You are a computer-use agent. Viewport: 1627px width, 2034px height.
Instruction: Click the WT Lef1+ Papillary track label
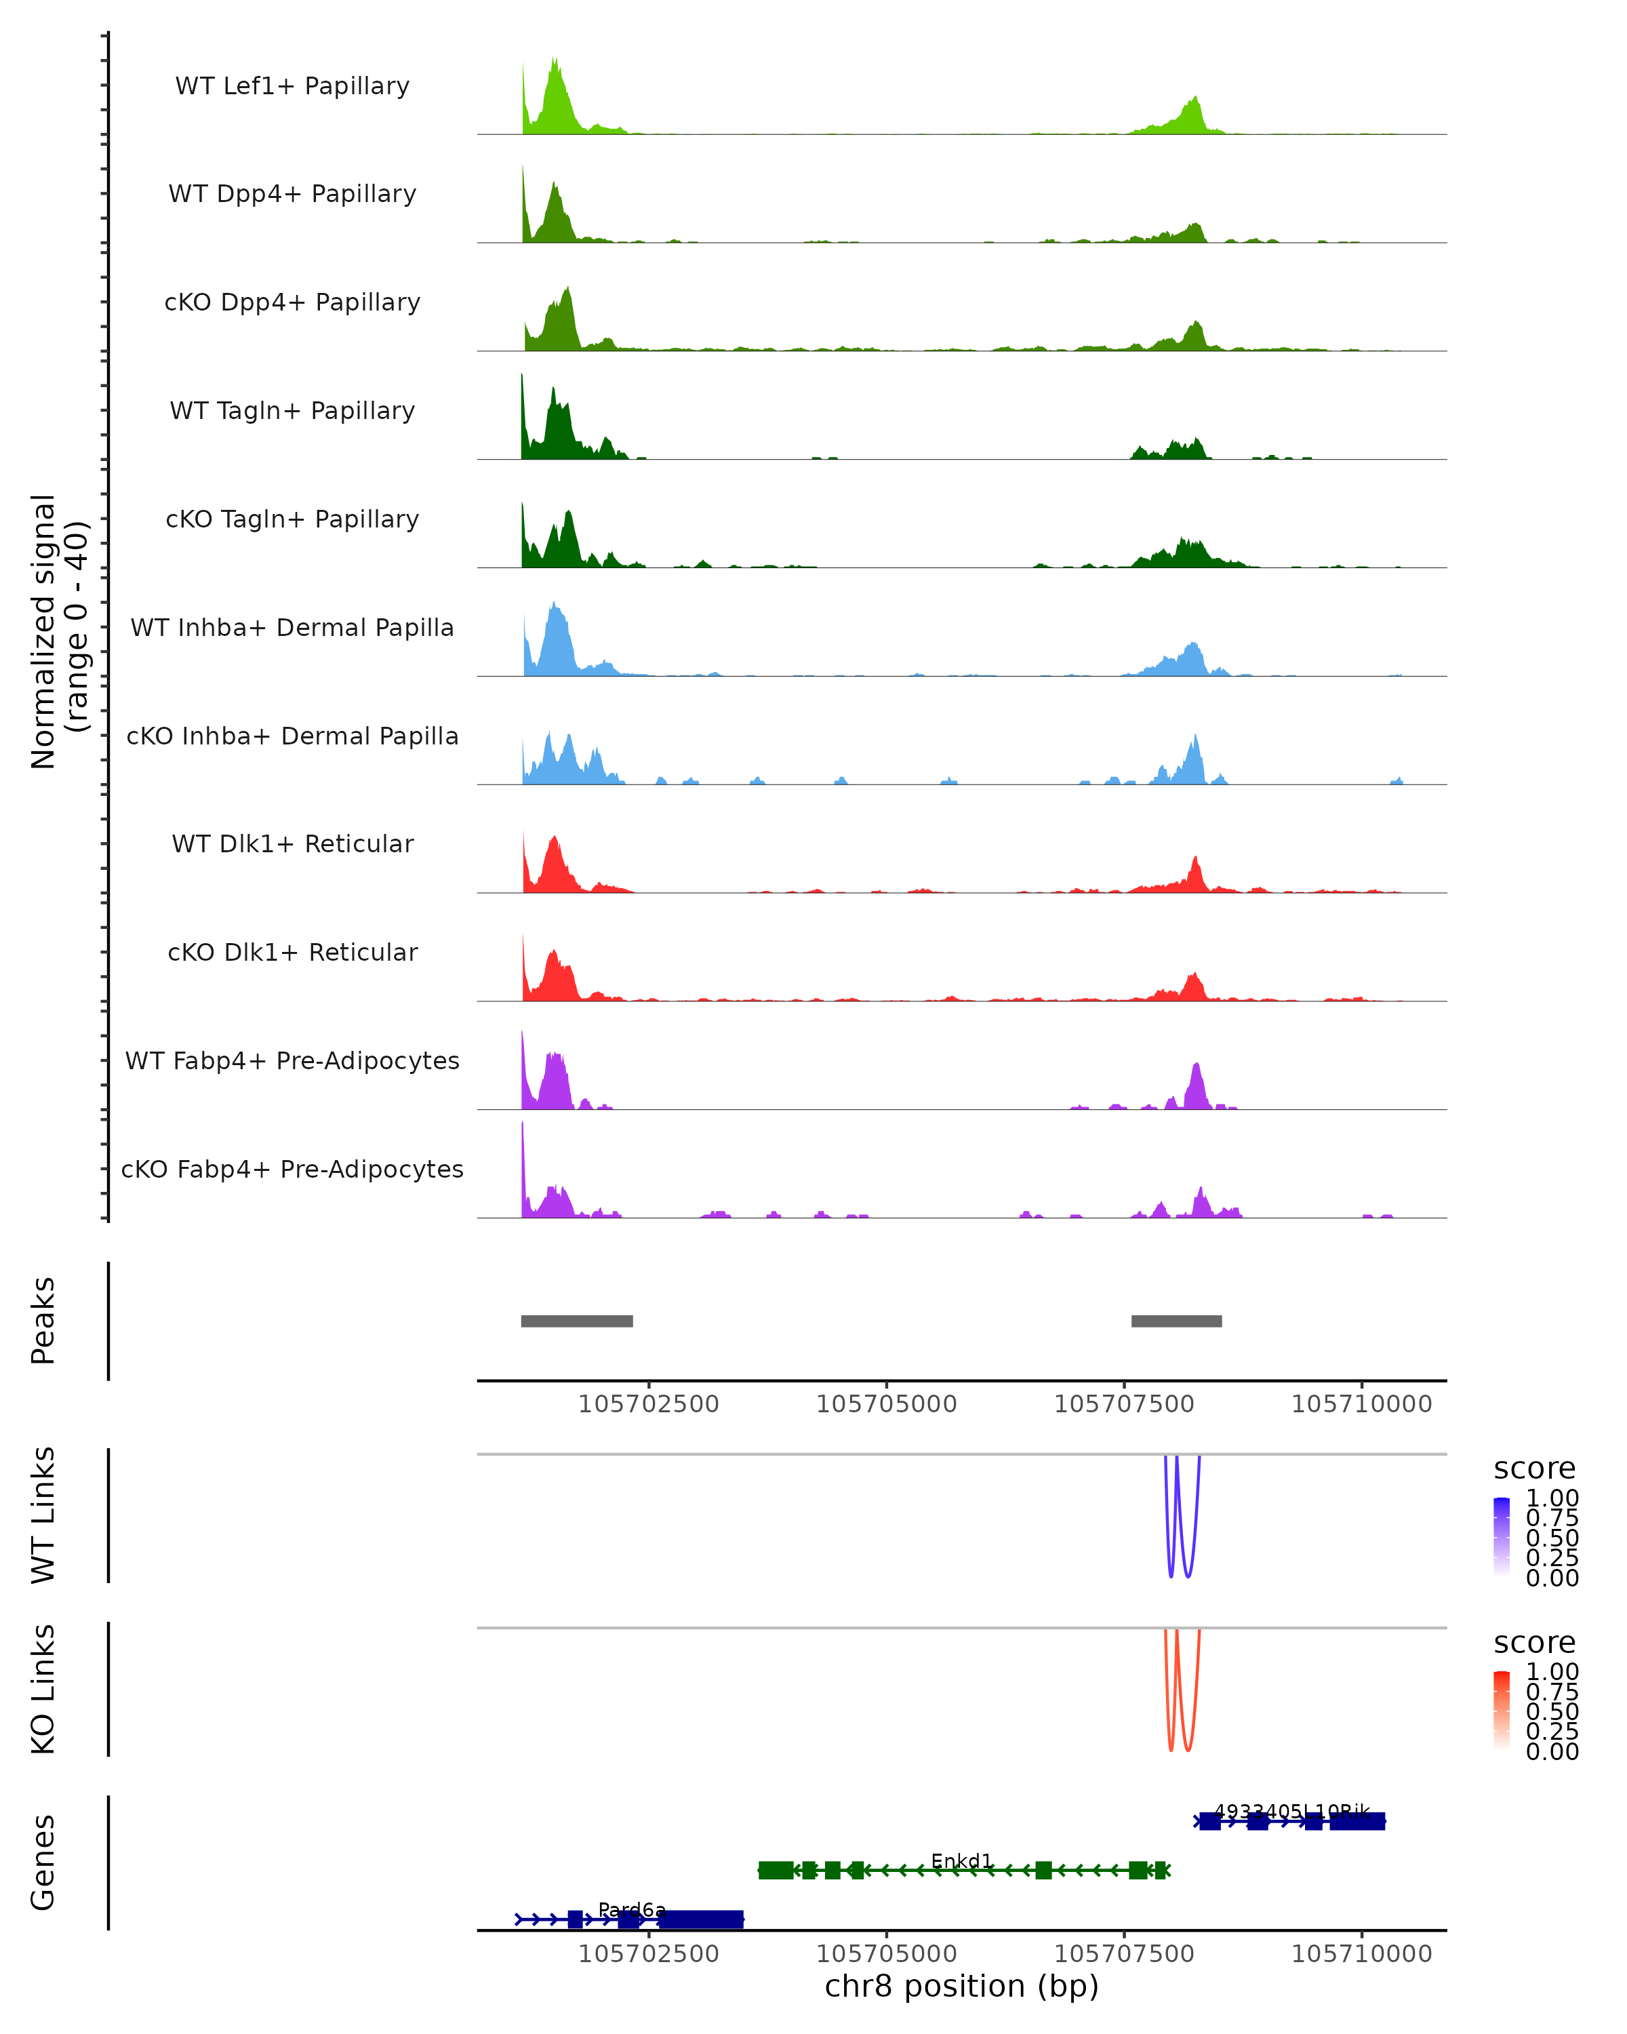point(292,86)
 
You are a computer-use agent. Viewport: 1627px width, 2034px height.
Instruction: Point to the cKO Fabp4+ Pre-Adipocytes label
point(292,1169)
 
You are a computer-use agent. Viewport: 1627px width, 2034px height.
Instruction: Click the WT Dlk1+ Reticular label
point(292,843)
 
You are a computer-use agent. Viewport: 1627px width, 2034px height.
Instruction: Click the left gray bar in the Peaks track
point(576,1321)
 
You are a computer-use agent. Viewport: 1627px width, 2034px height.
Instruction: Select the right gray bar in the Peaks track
point(1176,1321)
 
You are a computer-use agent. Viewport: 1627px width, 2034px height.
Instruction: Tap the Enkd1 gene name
point(961,1860)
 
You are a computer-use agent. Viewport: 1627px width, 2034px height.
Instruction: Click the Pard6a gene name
point(632,1909)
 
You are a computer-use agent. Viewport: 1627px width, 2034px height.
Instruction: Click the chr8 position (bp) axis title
point(961,1986)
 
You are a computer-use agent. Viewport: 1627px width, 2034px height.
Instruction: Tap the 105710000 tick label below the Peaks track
point(1361,1404)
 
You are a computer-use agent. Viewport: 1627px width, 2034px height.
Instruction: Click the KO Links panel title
point(43,1689)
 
